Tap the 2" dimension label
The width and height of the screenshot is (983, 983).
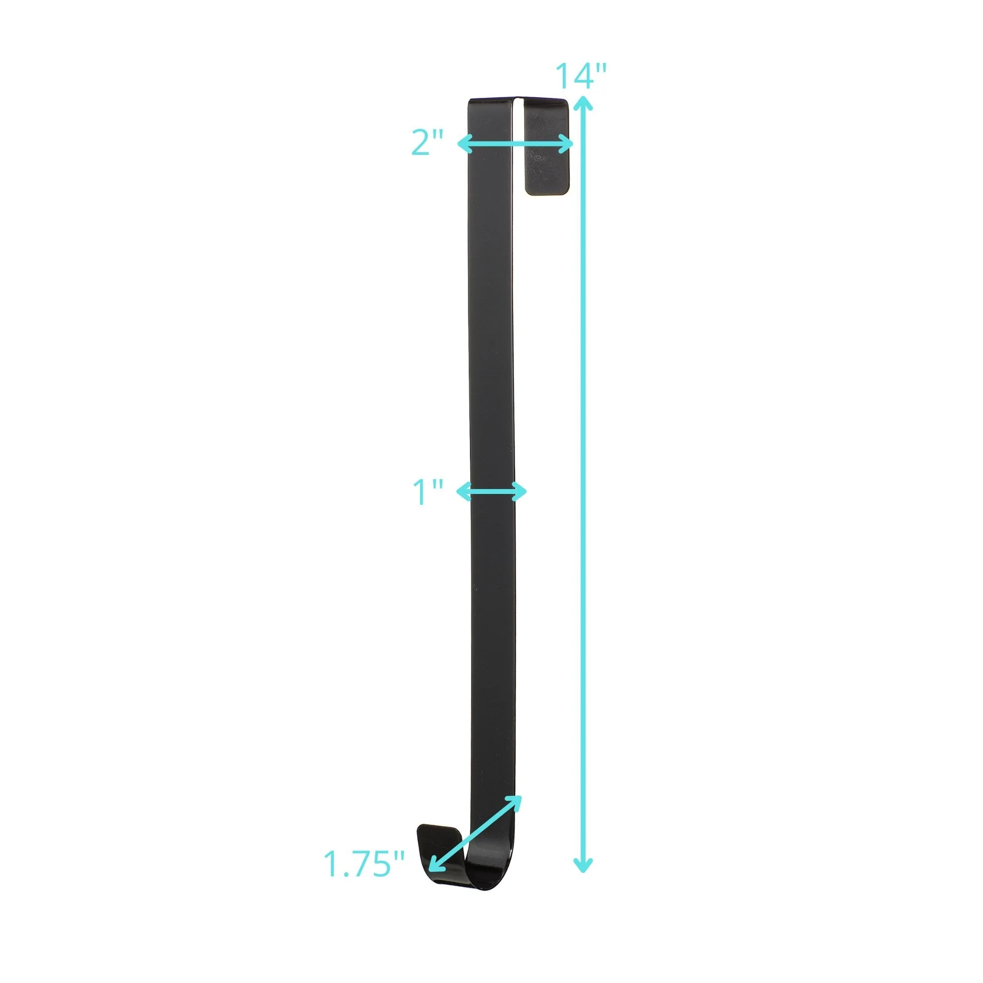click(x=428, y=143)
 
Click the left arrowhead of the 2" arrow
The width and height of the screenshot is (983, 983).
click(x=464, y=144)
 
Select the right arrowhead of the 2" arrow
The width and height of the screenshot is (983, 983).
click(x=567, y=144)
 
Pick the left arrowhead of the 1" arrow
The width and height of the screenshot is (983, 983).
click(x=463, y=491)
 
